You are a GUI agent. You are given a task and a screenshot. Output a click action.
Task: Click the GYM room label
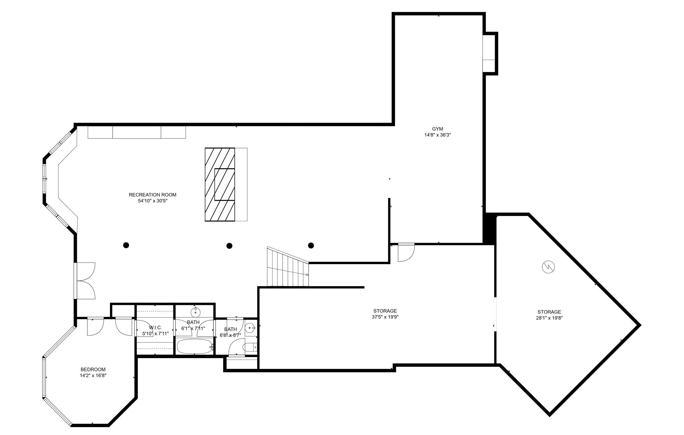pyautogui.click(x=437, y=129)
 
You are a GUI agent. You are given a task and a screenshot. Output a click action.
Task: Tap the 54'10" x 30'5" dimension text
pyautogui.click(x=153, y=201)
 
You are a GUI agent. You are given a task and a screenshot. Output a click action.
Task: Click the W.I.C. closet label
pyautogui.click(x=155, y=328)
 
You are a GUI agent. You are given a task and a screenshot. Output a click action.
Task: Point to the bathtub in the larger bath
pyautogui.click(x=194, y=346)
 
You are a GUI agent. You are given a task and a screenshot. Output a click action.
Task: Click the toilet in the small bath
pyautogui.click(x=250, y=347)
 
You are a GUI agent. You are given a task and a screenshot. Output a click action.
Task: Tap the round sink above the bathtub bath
pyautogui.click(x=195, y=312)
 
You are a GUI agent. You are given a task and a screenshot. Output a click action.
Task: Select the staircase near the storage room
pyautogui.click(x=288, y=269)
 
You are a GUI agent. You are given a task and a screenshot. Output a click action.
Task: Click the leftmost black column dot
pyautogui.click(x=126, y=245)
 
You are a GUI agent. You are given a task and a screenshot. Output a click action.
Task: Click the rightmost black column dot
pyautogui.click(x=311, y=245)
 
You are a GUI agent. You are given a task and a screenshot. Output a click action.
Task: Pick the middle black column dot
pyautogui.click(x=230, y=246)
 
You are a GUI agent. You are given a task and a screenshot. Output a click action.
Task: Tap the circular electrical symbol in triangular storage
pyautogui.click(x=549, y=267)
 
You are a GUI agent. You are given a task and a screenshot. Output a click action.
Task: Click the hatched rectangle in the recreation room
pyautogui.click(x=220, y=185)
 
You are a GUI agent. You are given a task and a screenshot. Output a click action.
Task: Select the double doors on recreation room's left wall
pyautogui.click(x=85, y=281)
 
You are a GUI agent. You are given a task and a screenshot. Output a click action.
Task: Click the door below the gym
pyautogui.click(x=406, y=253)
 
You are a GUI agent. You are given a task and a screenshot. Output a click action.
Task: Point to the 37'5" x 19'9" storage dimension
pyautogui.click(x=385, y=317)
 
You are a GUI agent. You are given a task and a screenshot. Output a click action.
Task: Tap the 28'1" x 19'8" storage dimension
pyautogui.click(x=549, y=318)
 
